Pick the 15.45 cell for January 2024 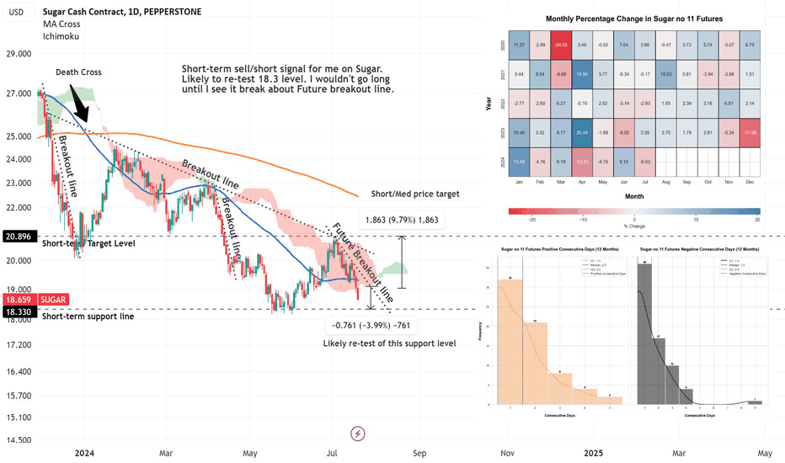pyautogui.click(x=518, y=161)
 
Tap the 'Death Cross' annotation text pyautogui.click(x=78, y=72)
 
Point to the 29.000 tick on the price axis pyautogui.click(x=19, y=53)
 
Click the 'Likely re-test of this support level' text pyautogui.click(x=389, y=343)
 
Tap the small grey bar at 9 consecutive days pyautogui.click(x=755, y=402)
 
